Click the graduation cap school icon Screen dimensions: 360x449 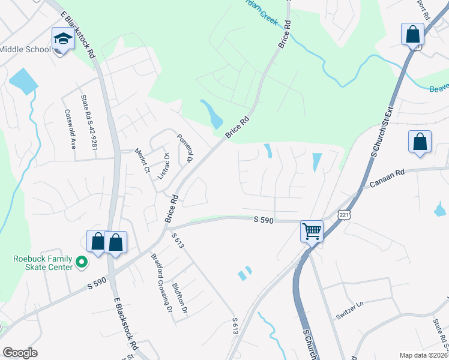(62, 39)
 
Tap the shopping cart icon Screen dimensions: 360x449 (312, 230)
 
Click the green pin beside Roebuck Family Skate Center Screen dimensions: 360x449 (82, 263)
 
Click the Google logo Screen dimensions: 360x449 (20, 352)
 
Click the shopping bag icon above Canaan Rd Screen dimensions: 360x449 (420, 143)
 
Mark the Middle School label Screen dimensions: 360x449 (25, 49)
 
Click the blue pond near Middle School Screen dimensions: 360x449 (23, 80)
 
